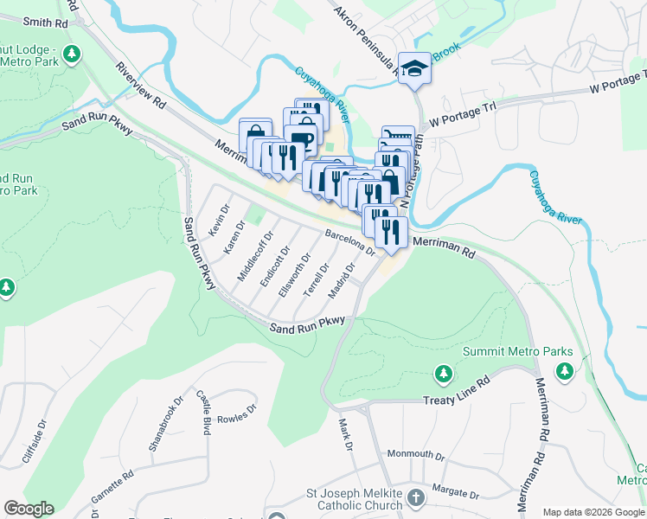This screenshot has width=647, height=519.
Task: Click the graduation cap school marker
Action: pyautogui.click(x=414, y=66)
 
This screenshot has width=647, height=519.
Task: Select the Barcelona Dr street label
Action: pyautogui.click(x=349, y=241)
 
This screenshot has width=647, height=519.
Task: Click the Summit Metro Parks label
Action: pyautogui.click(x=517, y=352)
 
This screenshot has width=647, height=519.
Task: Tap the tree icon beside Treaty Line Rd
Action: pyautogui.click(x=443, y=374)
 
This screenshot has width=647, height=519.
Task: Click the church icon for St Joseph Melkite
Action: pyautogui.click(x=416, y=497)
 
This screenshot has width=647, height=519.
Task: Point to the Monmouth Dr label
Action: pyautogui.click(x=414, y=454)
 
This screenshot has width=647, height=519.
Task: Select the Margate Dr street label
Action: pyautogui.click(x=457, y=492)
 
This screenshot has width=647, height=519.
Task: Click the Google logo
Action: pyautogui.click(x=29, y=509)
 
